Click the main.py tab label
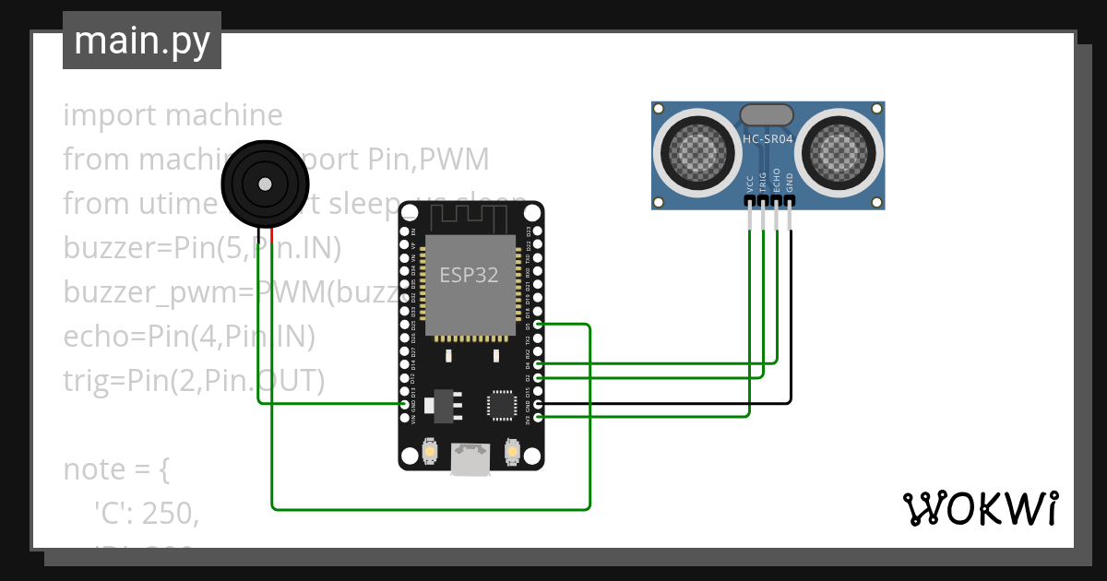tap(142, 41)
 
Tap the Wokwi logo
tap(980, 508)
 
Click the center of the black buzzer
tap(265, 184)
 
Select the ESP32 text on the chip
tap(469, 276)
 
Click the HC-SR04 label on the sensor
tap(767, 139)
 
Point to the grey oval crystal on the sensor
tap(767, 114)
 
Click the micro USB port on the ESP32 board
tap(470, 458)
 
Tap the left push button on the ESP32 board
tap(429, 453)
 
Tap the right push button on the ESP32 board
tap(512, 453)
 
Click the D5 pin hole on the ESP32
tap(539, 325)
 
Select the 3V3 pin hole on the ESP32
tap(539, 418)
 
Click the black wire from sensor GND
tap(791, 323)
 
